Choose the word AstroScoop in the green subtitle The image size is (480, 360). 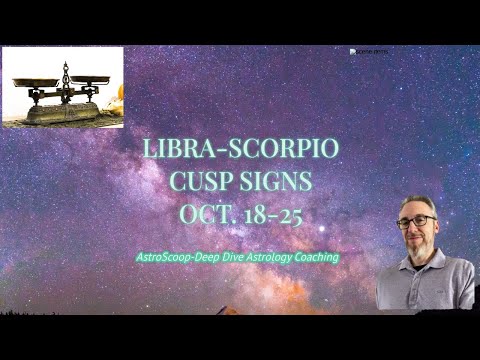point(168,257)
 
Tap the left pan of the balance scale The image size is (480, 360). point(33,82)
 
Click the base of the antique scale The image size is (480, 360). point(62,112)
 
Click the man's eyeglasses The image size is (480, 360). point(417,222)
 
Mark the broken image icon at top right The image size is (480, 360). point(355,52)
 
